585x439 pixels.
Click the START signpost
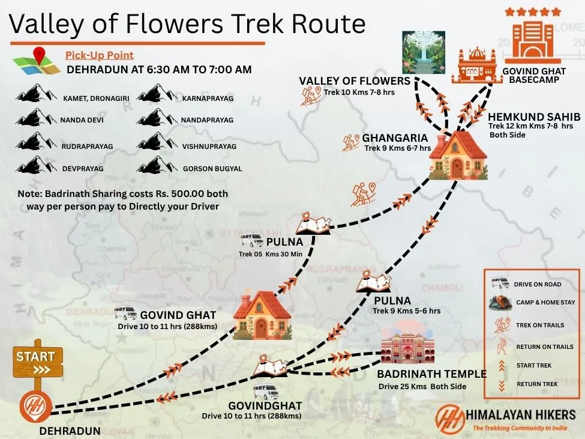pos(37,360)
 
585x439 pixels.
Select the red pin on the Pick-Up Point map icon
pos(40,56)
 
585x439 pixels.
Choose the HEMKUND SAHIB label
pos(533,117)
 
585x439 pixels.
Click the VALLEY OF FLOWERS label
pos(354,81)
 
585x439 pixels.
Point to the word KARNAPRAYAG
pos(208,98)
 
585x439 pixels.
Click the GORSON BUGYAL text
pos(212,169)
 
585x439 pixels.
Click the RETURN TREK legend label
pos(537,384)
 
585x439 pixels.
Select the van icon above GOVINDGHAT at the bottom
pos(265,392)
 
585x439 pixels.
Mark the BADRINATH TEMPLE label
pos(431,374)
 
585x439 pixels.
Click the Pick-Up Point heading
pos(100,55)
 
